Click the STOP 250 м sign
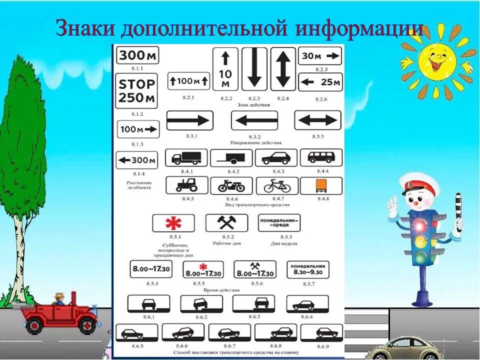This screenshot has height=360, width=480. [x=136, y=90]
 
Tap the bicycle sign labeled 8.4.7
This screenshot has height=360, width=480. [x=277, y=186]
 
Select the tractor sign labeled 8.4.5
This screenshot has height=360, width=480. [x=186, y=186]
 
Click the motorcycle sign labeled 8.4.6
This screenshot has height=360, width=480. [x=231, y=186]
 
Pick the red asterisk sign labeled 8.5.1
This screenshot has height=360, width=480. [x=173, y=223]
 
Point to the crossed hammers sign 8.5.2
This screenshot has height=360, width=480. [x=226, y=223]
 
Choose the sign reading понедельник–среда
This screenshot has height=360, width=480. [x=279, y=222]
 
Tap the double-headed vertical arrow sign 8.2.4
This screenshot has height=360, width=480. [x=283, y=69]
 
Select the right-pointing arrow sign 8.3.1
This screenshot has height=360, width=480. [x=189, y=120]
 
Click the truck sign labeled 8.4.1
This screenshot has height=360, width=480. [x=186, y=158]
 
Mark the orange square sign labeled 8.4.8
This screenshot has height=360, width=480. [x=320, y=186]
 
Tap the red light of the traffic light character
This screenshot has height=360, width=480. [x=419, y=226]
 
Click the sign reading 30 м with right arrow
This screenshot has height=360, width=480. [x=320, y=56]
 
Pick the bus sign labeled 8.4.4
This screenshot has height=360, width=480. [x=321, y=157]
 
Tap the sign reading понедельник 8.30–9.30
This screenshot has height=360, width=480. [x=308, y=270]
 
